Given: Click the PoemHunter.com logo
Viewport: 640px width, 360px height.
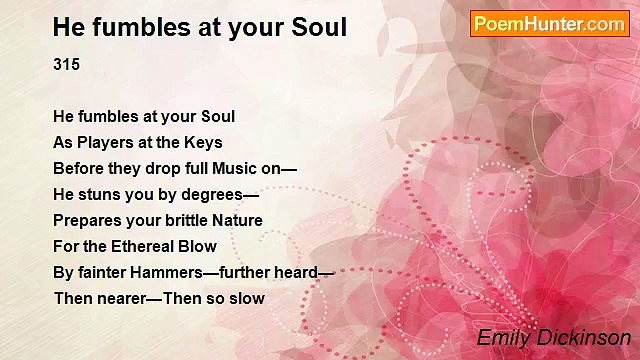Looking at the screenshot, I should tap(549, 24).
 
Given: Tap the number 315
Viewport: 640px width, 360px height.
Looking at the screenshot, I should tap(66, 65).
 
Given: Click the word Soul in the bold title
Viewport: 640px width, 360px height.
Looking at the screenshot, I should tap(317, 27).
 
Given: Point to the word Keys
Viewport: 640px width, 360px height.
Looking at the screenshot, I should tap(203, 142).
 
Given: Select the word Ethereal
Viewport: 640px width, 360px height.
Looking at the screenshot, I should tap(147, 246).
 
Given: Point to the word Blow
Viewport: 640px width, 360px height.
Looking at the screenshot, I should tap(199, 246).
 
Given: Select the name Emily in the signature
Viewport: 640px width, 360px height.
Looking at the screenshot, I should tap(502, 338).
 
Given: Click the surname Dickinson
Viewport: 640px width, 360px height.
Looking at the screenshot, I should tap(582, 338).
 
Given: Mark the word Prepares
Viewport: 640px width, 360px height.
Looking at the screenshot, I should tap(89, 220).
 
